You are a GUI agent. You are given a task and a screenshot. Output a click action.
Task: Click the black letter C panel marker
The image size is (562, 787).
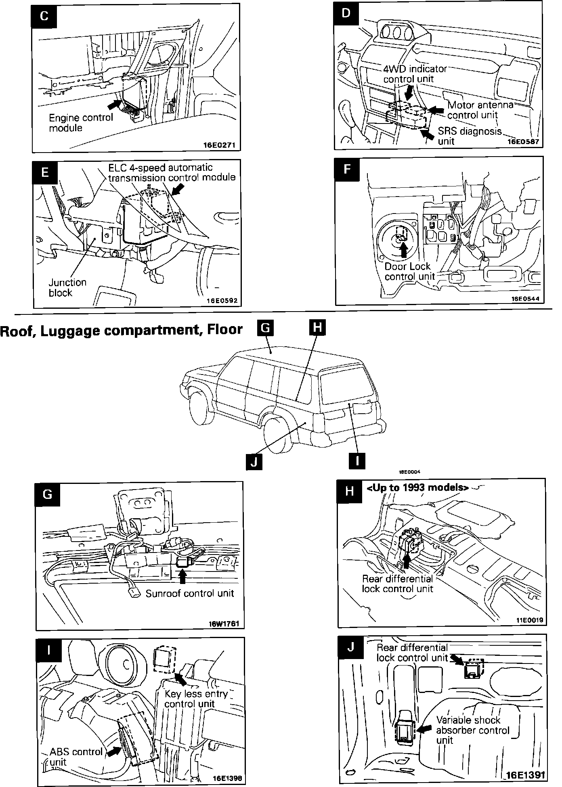(44, 16)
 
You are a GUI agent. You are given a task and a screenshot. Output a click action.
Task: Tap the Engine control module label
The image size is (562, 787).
(81, 123)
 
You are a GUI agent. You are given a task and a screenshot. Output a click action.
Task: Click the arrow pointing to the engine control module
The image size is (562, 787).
(115, 104)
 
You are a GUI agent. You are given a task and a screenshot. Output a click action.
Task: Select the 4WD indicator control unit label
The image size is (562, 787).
(415, 73)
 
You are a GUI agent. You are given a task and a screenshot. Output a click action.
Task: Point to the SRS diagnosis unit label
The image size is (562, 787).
(470, 136)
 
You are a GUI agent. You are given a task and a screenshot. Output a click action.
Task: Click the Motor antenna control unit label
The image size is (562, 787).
(480, 110)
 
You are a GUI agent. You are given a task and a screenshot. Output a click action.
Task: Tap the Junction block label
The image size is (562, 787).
(67, 287)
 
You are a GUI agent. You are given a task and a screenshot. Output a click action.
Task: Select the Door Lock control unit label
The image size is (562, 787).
(409, 271)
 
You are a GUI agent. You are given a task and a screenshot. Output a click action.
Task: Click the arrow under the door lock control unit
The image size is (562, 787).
(403, 251)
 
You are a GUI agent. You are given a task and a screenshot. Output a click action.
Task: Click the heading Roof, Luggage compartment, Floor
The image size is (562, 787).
(121, 330)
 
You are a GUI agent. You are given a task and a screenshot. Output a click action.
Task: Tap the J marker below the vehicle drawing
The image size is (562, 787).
(254, 461)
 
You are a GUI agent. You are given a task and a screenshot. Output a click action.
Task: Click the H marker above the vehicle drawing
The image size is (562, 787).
(317, 327)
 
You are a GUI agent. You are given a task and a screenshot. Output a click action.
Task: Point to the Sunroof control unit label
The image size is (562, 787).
(190, 593)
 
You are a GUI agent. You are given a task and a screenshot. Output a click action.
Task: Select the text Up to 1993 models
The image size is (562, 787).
(417, 488)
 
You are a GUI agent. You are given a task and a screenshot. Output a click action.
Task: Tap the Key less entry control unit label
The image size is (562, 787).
(196, 699)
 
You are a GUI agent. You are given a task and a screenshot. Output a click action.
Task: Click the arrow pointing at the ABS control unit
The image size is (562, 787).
(115, 750)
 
